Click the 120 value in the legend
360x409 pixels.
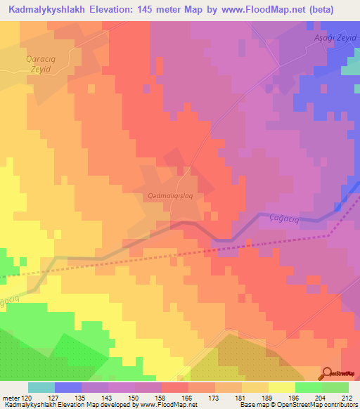pos(29,397)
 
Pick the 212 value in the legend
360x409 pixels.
pos(349,397)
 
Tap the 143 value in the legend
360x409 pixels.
pos(108,397)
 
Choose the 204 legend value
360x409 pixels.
pos(322,397)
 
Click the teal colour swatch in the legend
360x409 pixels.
pos(41,387)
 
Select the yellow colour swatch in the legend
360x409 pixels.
pos(282,387)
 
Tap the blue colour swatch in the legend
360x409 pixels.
pos(68,387)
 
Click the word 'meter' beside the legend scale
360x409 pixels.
pos(11,397)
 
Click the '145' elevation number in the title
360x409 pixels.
pos(162,10)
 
